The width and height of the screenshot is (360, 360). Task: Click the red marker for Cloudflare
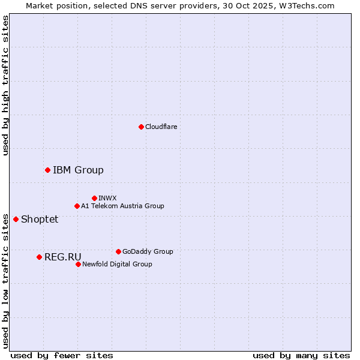click(141, 127)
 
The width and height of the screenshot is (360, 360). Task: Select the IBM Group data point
click(47, 170)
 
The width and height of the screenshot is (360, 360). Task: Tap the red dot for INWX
click(94, 198)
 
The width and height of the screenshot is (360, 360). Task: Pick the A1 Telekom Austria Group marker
click(77, 206)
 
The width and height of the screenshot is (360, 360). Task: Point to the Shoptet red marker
click(16, 219)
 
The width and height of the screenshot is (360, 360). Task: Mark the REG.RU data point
click(39, 257)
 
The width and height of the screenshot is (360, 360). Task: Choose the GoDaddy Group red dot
click(118, 251)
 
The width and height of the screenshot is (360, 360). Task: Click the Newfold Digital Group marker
click(78, 264)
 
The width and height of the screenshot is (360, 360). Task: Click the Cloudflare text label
click(161, 127)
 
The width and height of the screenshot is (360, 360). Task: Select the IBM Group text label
click(78, 170)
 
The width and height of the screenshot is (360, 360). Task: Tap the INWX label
click(107, 198)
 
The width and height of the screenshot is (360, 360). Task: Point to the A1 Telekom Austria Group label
click(122, 206)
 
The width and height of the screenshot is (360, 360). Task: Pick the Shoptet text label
click(40, 219)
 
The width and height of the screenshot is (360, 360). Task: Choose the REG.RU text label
click(63, 257)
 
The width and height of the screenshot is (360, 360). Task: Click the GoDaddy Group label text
click(148, 251)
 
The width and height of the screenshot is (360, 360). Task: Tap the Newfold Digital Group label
click(117, 264)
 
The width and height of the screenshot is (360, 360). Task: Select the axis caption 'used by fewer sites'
click(62, 355)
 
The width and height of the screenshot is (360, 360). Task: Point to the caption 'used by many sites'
click(301, 355)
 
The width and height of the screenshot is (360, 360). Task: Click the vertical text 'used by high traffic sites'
click(5, 86)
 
